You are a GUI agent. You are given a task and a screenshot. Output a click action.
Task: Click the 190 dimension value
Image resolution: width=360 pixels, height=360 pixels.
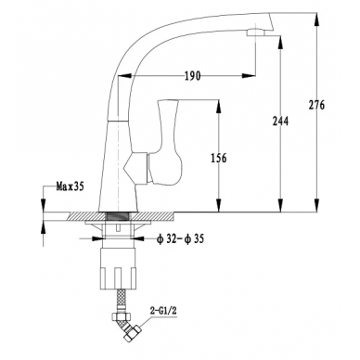[x=192, y=76]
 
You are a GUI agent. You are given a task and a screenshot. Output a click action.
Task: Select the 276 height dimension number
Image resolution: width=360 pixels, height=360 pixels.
[x=316, y=105]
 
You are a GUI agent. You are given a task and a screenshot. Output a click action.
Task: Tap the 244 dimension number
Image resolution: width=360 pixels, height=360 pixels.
[x=280, y=121]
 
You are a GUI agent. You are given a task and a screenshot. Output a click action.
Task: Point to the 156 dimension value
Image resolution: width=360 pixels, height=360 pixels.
[x=219, y=158]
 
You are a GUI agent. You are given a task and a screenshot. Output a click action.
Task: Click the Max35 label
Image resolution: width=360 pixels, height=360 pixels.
[x=70, y=186]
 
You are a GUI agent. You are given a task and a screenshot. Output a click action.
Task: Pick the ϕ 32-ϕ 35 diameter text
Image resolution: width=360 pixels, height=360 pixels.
[x=180, y=238]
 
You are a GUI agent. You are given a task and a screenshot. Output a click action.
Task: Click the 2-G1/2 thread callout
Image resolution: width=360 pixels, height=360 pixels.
[x=163, y=311]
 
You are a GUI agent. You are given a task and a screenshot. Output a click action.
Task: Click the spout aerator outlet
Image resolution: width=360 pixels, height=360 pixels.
[x=256, y=32]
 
